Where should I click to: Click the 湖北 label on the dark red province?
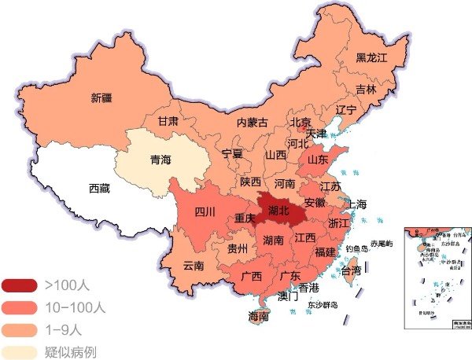pos(278,211)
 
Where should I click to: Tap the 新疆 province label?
pos(101,98)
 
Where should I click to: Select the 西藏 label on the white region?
pos(100,188)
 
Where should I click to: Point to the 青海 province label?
pos(160,160)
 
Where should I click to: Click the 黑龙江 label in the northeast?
pos(372,57)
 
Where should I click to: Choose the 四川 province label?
pos(205,211)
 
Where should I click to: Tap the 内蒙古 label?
pos(252,123)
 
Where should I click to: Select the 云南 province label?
pos(193,265)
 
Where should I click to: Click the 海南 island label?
pos(258,317)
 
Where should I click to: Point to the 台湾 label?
pos(351,270)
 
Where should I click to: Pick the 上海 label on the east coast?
pos(356,204)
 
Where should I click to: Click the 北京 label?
pos(300,122)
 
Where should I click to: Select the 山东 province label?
pos(317,160)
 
